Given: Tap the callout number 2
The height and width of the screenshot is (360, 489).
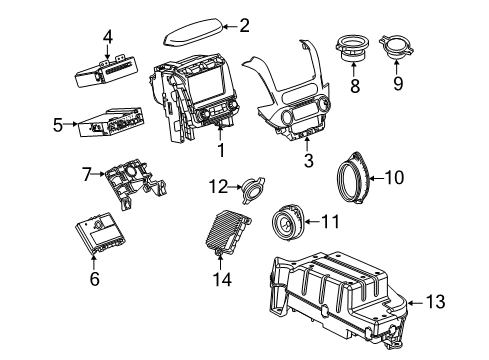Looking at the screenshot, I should [244, 27].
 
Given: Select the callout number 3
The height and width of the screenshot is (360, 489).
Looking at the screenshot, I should [307, 160].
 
